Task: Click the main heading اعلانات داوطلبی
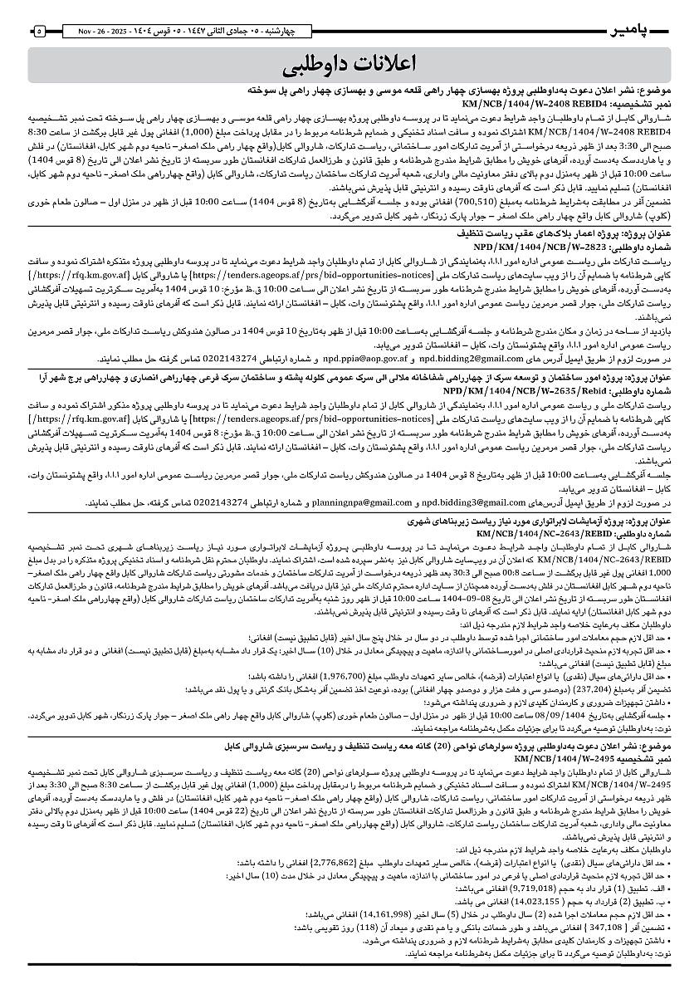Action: tap(349, 64)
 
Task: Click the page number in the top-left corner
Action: tap(39, 31)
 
